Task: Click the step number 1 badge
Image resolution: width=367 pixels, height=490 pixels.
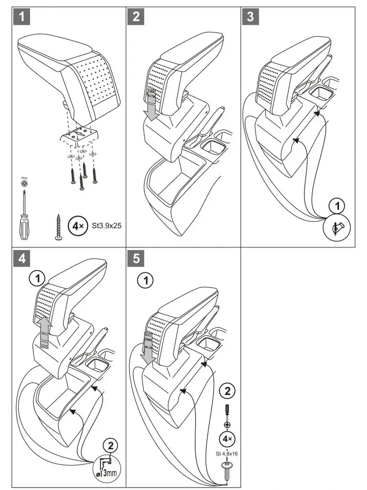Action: pyautogui.click(x=22, y=16)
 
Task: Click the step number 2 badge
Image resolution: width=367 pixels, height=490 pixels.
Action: pyautogui.click(x=136, y=16)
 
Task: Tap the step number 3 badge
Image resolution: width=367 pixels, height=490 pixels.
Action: pyautogui.click(x=250, y=16)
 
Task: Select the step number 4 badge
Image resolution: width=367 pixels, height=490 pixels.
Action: pyautogui.click(x=22, y=258)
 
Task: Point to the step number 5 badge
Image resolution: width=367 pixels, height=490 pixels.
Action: pyautogui.click(x=136, y=258)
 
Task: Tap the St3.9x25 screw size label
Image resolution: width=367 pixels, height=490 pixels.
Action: pyautogui.click(x=106, y=225)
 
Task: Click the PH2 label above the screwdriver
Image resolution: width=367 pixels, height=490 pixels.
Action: pyautogui.click(x=24, y=178)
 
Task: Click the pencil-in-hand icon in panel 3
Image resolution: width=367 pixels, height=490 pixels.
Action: pyautogui.click(x=337, y=228)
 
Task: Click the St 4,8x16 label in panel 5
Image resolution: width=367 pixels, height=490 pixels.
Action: pyautogui.click(x=227, y=453)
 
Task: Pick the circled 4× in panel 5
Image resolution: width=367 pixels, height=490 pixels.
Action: pyautogui.click(x=227, y=439)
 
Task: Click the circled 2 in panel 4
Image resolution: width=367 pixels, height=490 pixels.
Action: pyautogui.click(x=111, y=445)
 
